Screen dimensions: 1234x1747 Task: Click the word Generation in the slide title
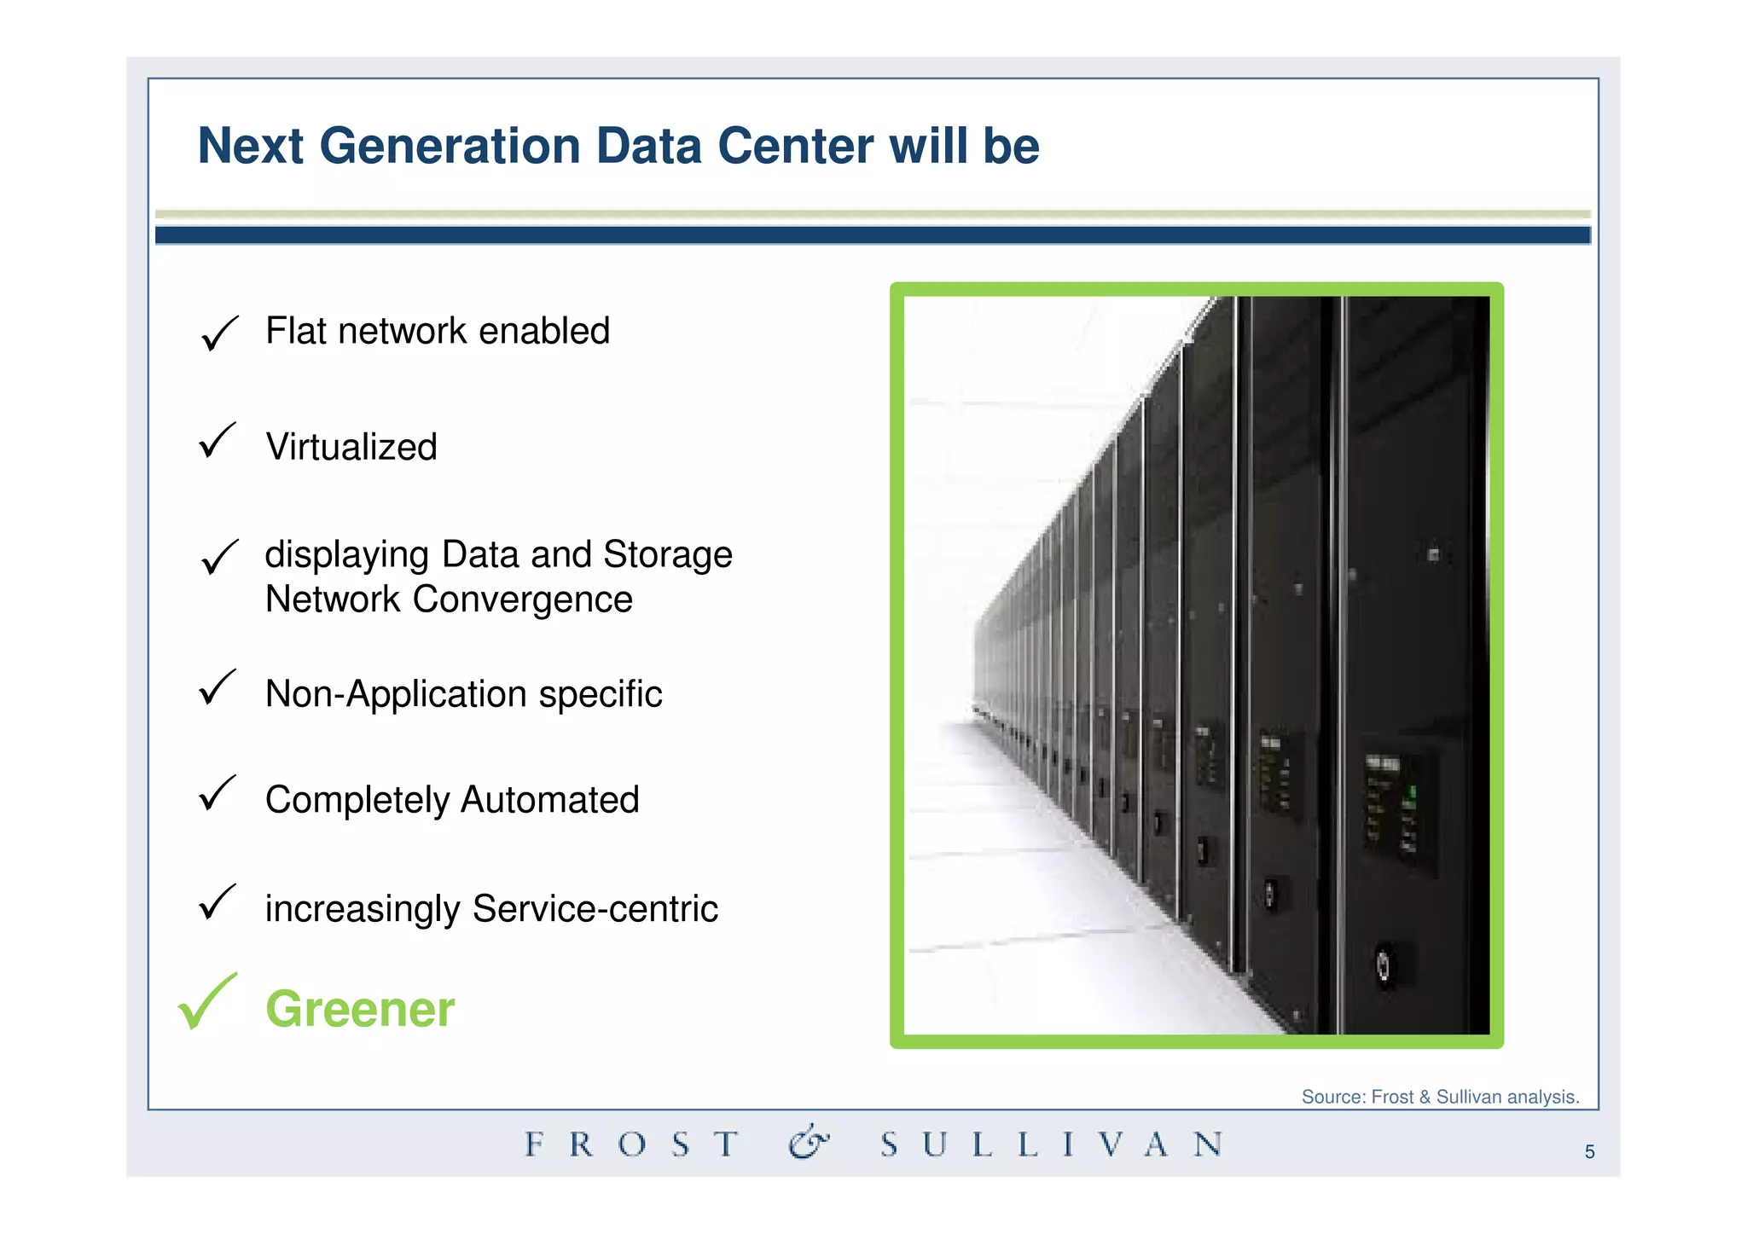click(450, 146)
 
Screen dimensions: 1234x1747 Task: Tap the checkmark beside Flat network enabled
click(218, 333)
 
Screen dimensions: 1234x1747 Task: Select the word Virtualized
click(351, 447)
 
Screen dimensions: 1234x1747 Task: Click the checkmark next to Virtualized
click(217, 441)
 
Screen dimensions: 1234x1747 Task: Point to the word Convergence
click(522, 599)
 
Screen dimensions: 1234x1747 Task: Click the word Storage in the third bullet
click(667, 554)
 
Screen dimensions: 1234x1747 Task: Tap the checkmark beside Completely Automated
click(217, 793)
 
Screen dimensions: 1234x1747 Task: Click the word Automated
click(549, 800)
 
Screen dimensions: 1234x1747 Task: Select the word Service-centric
click(595, 909)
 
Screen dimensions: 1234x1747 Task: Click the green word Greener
click(360, 1009)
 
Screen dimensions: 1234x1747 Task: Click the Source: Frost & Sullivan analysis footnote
click(1439, 1097)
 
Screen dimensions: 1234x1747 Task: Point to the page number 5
click(1589, 1152)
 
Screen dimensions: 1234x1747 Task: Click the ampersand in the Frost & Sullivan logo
click(808, 1143)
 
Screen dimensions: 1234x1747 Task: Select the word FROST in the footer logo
click(631, 1144)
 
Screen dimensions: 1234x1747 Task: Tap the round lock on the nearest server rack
click(1383, 966)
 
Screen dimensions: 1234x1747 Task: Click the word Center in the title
click(795, 146)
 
